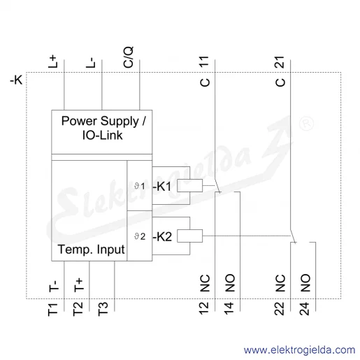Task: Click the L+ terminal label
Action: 52,62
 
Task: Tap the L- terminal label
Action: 90,62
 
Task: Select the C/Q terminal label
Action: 129,57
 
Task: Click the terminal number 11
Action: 204,62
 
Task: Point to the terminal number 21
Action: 280,62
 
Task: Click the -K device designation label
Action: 16,80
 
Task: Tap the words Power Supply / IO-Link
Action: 103,128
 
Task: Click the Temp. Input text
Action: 91,250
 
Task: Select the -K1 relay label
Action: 162,186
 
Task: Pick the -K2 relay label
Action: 162,236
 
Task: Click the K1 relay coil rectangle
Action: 189,185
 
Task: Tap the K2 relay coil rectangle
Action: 189,236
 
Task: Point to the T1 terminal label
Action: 52,310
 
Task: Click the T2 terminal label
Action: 78,309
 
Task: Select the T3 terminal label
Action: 103,309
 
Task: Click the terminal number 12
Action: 204,308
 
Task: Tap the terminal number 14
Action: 229,308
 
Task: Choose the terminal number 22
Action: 280,308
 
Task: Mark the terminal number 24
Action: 305,308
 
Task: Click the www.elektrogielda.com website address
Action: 299,350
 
